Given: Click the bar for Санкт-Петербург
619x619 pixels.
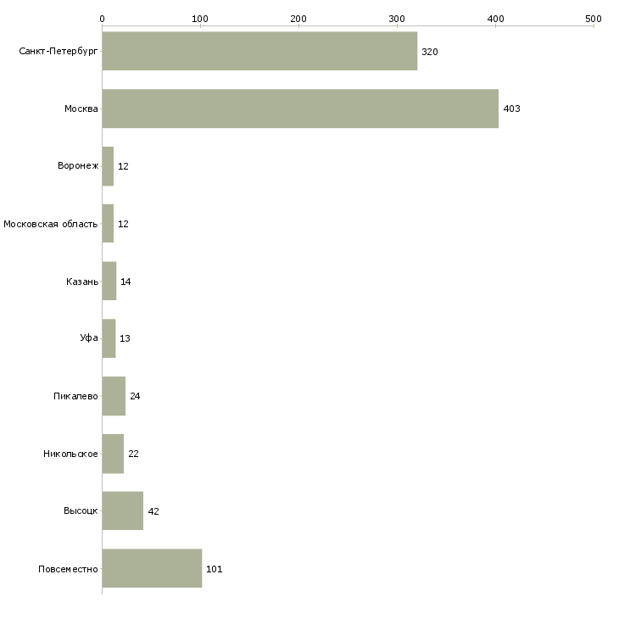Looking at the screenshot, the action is [259, 51].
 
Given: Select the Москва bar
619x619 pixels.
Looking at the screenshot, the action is [300, 109].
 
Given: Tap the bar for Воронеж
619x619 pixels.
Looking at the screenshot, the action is [108, 166].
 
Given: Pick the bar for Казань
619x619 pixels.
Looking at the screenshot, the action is [109, 281].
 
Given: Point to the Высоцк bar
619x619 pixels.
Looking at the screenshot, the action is [123, 510].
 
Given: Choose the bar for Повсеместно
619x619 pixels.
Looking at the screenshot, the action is [152, 568].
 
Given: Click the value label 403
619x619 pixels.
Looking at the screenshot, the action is [511, 109].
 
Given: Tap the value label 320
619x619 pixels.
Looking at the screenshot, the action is [430, 52].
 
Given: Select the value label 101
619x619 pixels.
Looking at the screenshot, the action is [215, 569].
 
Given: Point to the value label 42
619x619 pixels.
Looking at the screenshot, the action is [153, 511].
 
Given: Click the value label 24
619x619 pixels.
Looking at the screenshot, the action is [135, 396].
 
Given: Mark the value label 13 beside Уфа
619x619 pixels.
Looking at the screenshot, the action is [125, 338].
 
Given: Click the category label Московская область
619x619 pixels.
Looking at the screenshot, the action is [51, 224].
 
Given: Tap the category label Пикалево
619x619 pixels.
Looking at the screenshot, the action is [75, 396].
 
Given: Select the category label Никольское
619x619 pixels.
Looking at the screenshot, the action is [70, 454].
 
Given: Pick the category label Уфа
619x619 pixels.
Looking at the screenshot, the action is [89, 338].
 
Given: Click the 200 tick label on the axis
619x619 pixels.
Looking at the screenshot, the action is [298, 19].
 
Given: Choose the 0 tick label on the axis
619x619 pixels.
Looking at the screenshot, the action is [103, 19].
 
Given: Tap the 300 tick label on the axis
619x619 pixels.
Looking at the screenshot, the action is [397, 19].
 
